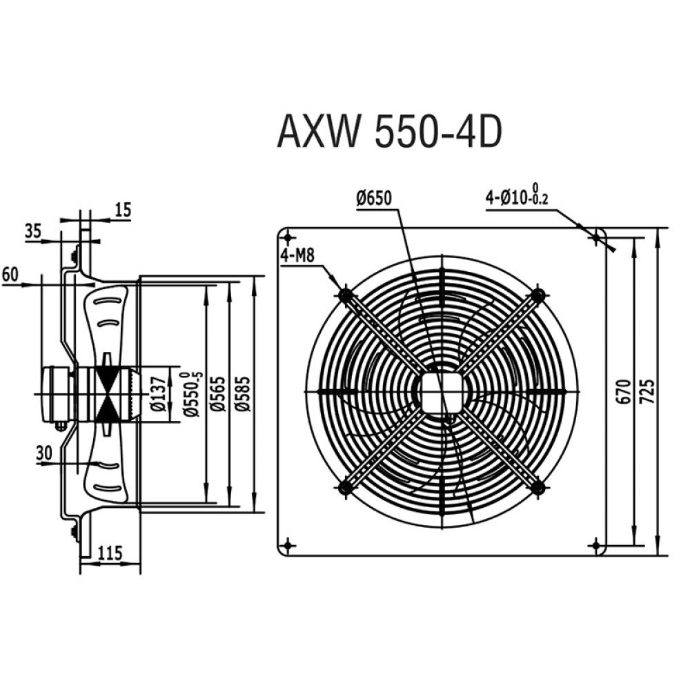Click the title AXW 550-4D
coord(390,130)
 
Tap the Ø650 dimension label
coord(373,199)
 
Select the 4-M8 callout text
coord(298,255)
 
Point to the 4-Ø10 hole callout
coord(517,196)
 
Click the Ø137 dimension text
coord(158,394)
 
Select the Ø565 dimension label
coord(218,393)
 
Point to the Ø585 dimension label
coord(242,393)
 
